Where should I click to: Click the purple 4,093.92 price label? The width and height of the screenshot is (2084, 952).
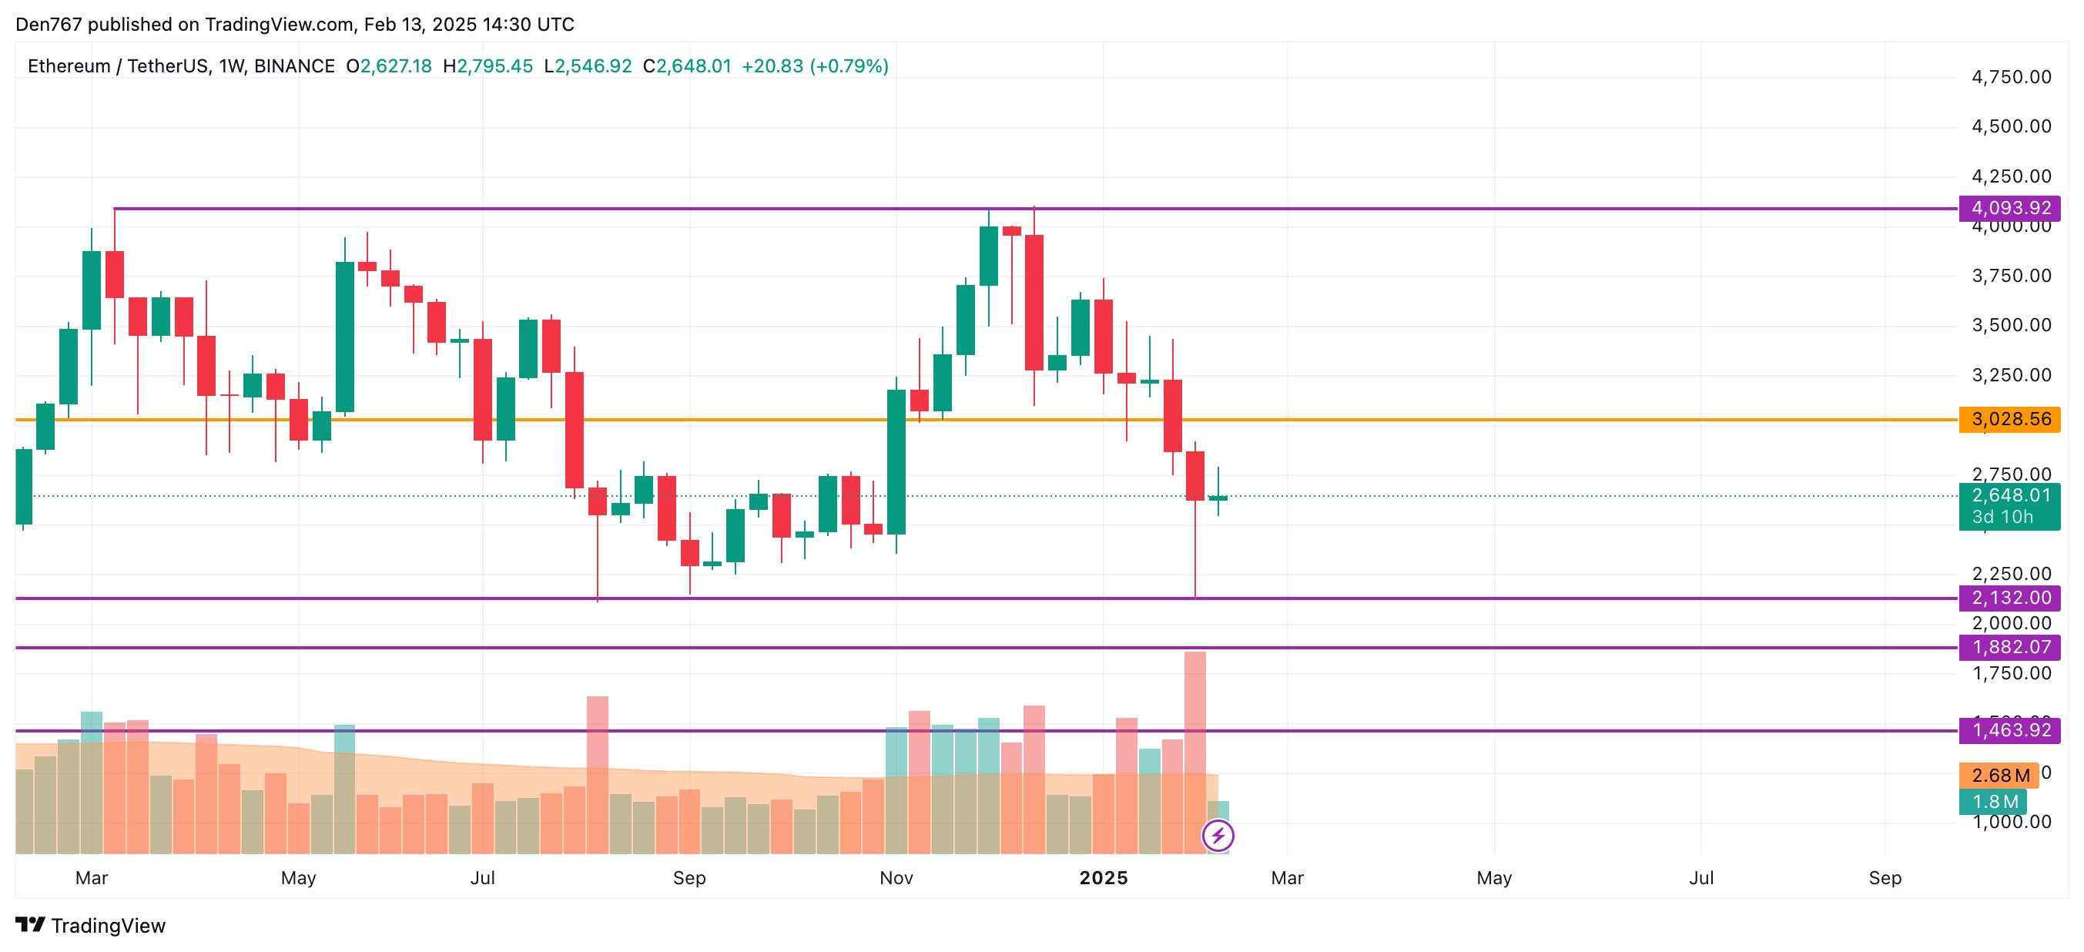coord(2009,208)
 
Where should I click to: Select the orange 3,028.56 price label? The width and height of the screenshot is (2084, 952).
coord(2009,419)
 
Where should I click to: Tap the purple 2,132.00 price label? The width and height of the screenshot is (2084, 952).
coord(2009,598)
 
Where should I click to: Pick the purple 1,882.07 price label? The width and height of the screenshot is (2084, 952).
coord(2009,647)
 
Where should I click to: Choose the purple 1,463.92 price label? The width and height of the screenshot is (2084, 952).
coord(2009,730)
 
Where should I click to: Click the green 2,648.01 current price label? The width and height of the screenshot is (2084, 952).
coord(2009,496)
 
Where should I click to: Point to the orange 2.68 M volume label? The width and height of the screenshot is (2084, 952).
coord(1999,775)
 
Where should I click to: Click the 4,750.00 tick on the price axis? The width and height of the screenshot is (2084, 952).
coord(2011,78)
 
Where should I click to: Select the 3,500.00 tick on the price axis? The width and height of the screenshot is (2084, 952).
coord(2011,325)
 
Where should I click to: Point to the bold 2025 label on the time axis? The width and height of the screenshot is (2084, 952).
coord(1104,877)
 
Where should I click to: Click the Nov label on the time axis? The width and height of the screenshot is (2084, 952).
coord(896,877)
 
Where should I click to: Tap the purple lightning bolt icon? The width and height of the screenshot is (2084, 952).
coord(1218,836)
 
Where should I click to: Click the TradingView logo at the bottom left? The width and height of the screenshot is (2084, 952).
coord(91,925)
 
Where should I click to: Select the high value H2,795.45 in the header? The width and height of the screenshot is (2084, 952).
coord(487,66)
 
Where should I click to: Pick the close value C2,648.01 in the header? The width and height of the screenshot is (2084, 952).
coord(687,66)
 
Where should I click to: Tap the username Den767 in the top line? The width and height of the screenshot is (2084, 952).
coord(49,25)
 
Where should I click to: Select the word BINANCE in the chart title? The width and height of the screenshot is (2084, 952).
coord(294,66)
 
